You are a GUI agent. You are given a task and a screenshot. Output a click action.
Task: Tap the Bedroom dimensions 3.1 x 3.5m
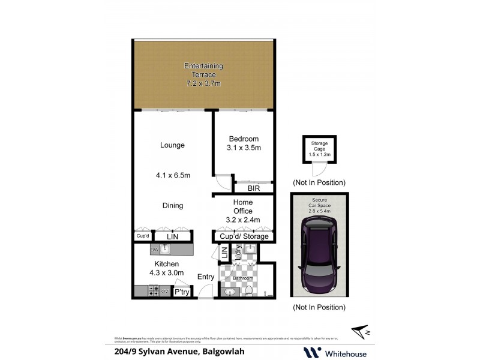coord(244,148)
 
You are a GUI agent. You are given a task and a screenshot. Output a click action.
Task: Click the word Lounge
coord(172,145)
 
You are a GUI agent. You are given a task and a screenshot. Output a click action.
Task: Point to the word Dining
coord(172,206)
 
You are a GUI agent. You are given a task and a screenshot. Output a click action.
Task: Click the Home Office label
coord(243,206)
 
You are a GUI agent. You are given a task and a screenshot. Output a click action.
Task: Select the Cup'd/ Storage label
coord(244,236)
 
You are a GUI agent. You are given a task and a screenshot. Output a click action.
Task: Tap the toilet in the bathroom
coord(248,290)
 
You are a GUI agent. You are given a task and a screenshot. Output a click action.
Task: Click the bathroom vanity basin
coord(229,292)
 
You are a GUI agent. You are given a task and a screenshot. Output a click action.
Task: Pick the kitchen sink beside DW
coord(163,249)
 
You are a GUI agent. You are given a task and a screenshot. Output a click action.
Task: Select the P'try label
coord(181,292)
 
